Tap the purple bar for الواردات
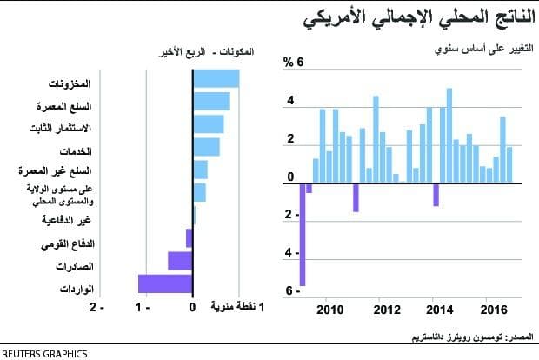pos(165,283)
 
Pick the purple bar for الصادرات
pos(180,261)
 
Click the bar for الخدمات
pos(206,148)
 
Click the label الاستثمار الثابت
pos(64,129)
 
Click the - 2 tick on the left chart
pos(98,307)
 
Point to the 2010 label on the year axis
pos(330,310)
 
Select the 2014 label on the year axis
pos(441,310)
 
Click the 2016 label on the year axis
pos(495,310)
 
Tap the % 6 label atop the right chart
pos(293,63)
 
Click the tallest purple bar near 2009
pos(303,235)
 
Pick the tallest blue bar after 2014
pos(449,135)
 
